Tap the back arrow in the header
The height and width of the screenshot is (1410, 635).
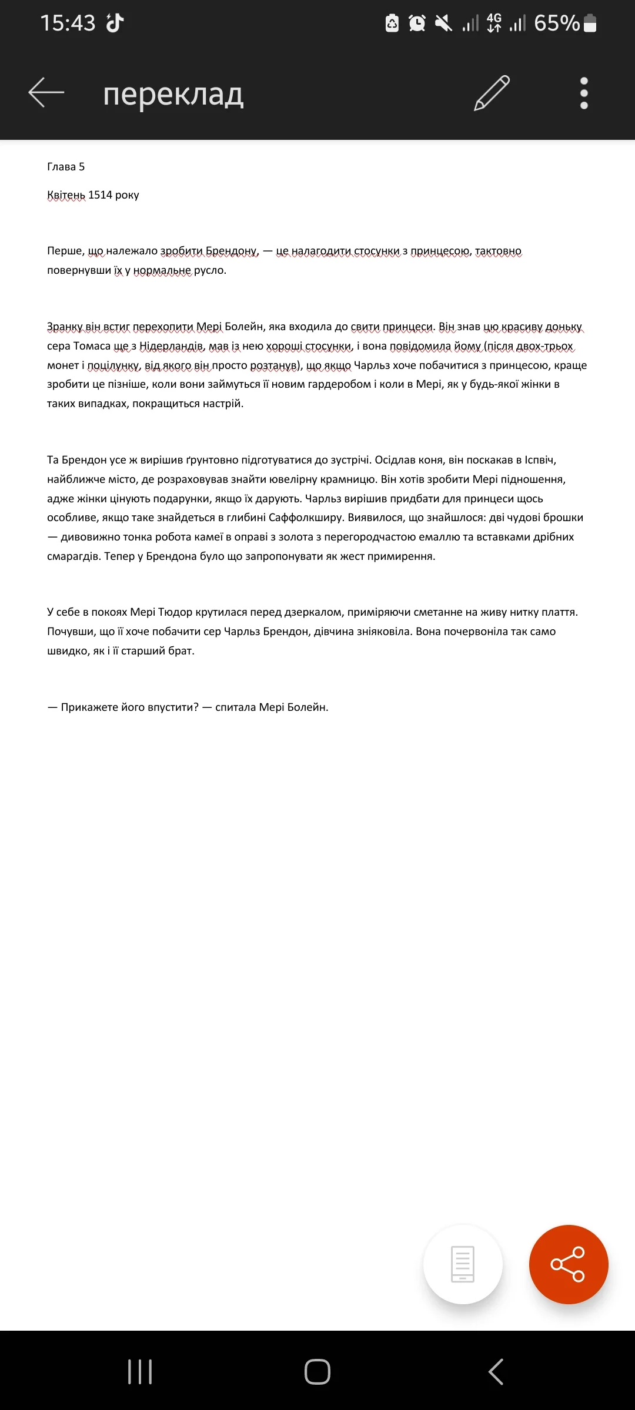tap(46, 93)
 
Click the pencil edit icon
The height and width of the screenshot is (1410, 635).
tap(492, 93)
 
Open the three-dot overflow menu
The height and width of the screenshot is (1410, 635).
tap(584, 93)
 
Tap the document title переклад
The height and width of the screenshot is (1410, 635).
tap(173, 94)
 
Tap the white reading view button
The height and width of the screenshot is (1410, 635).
tap(463, 1264)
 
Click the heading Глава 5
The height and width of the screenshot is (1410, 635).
tap(66, 167)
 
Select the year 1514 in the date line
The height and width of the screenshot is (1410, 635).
tap(100, 195)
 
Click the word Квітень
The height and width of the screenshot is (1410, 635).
tap(66, 195)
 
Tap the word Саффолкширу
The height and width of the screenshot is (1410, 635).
tap(305, 518)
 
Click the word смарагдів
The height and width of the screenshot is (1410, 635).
tap(72, 556)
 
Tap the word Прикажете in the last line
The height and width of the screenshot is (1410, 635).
tap(89, 707)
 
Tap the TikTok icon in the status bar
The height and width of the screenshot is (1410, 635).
tap(115, 23)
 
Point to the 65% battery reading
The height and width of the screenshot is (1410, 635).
tap(557, 23)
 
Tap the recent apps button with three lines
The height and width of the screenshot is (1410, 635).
tap(140, 1372)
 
